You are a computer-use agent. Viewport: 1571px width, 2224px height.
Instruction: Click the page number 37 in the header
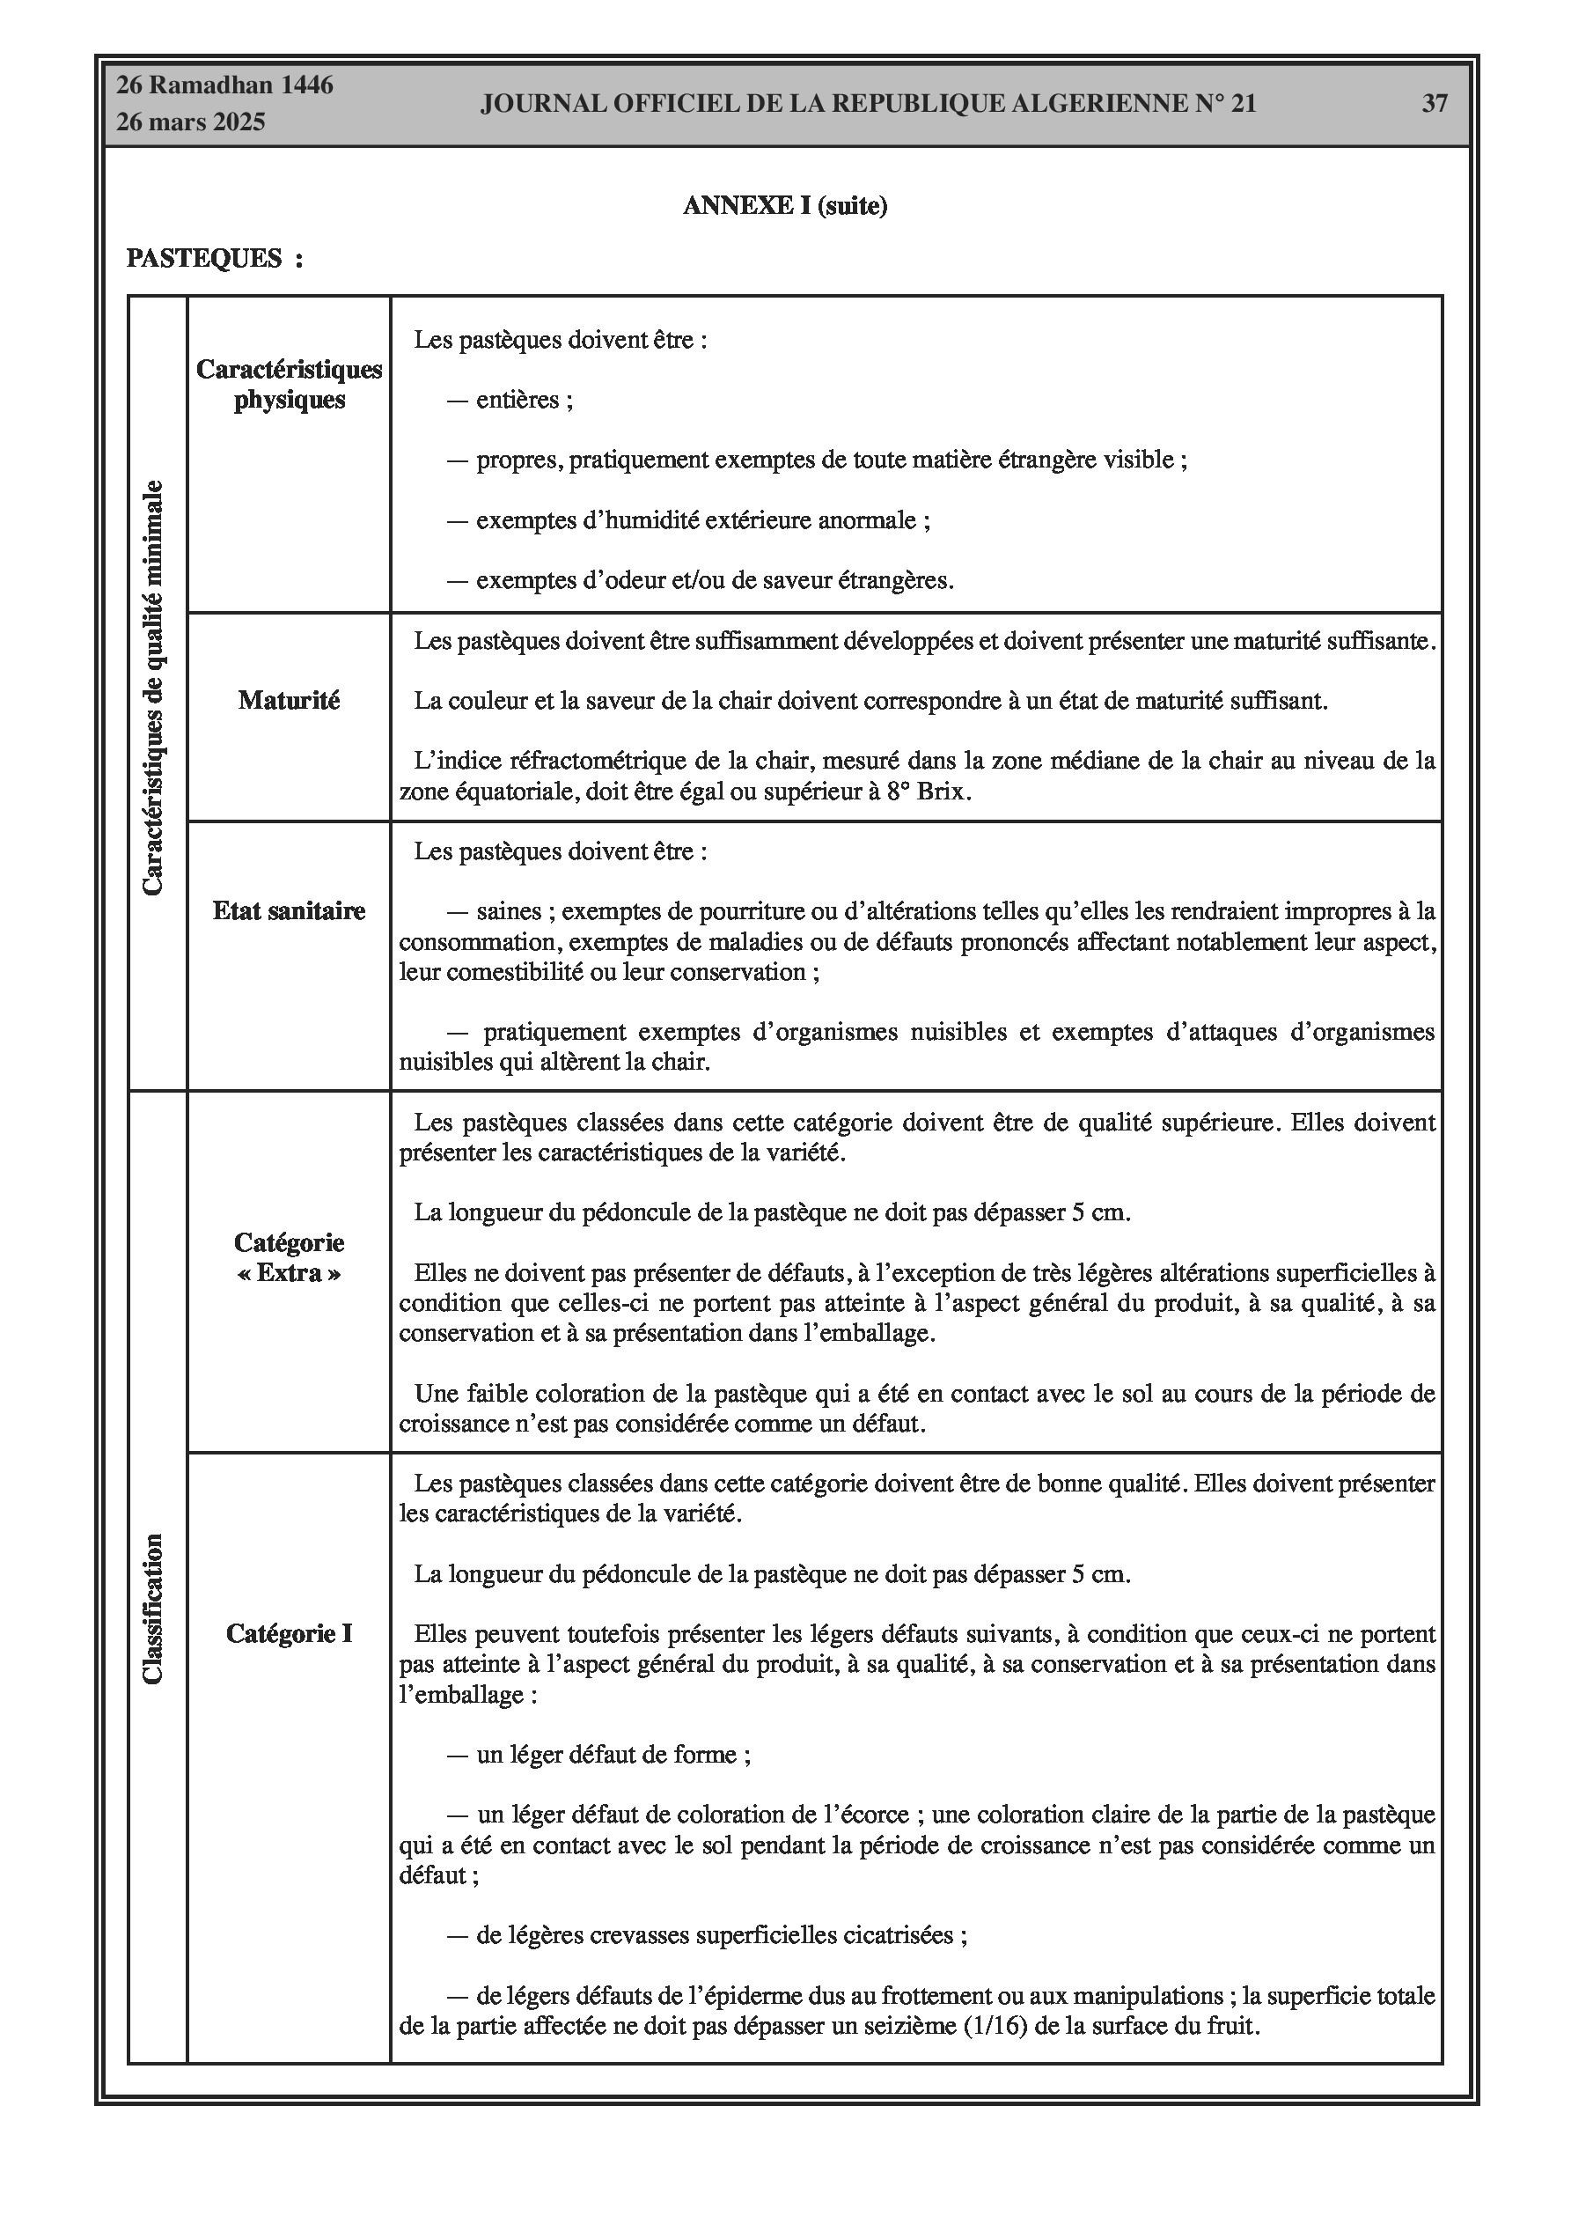[1434, 104]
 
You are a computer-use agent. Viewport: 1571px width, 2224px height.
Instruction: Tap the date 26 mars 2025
[191, 122]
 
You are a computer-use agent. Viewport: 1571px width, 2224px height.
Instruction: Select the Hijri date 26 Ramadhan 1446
[224, 85]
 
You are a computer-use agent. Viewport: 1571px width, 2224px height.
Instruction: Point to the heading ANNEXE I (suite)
[784, 205]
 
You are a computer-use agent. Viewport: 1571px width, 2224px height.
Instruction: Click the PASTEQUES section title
[204, 259]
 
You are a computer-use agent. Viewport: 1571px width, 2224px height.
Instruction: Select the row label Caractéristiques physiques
[289, 385]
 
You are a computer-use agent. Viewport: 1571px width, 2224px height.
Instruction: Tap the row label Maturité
[289, 700]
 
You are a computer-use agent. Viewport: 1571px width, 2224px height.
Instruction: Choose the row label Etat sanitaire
[289, 910]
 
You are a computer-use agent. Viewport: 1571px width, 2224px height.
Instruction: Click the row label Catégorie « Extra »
[289, 1257]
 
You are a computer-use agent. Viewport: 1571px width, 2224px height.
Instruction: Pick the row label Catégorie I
[289, 1634]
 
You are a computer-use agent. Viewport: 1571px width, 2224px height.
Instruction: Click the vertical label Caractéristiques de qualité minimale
[153, 688]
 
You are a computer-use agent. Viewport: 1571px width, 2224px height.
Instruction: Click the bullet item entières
[518, 400]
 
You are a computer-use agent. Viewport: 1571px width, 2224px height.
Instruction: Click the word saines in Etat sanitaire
[509, 911]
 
